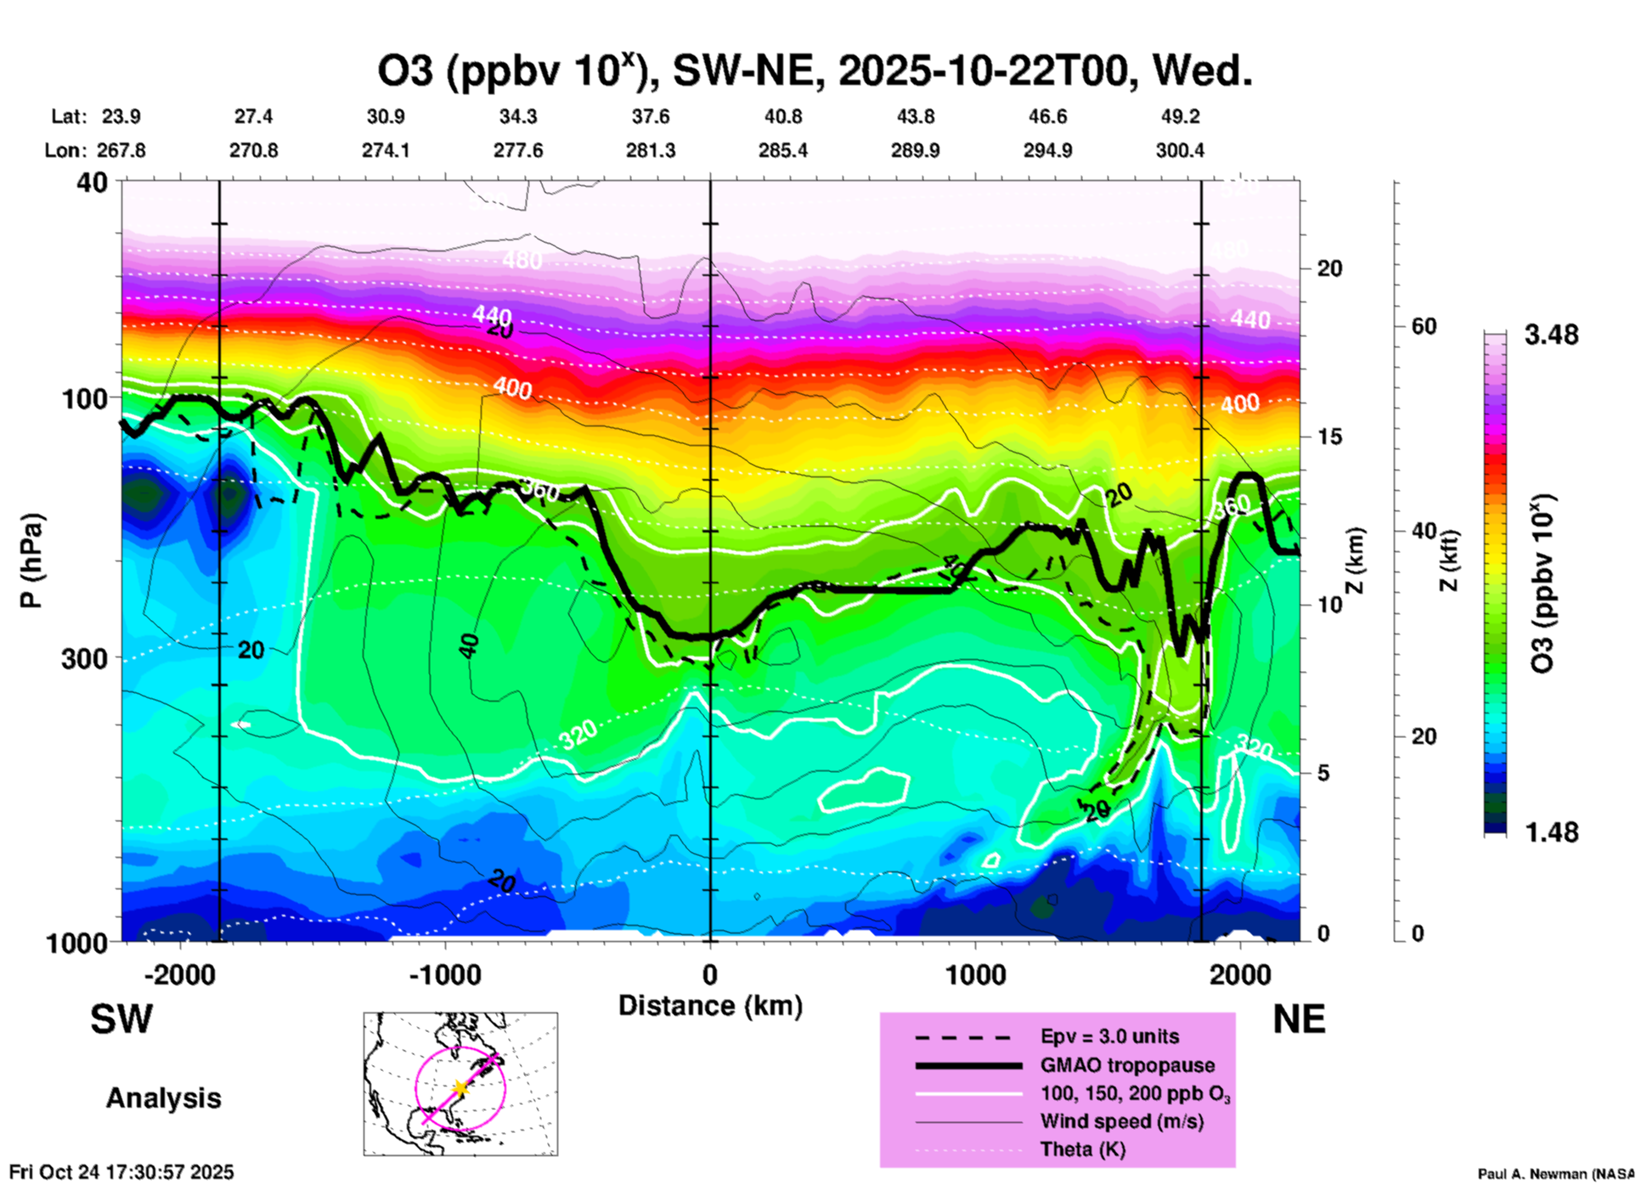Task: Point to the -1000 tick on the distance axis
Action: [443, 975]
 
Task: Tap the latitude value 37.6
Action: [651, 116]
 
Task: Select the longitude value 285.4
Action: [782, 150]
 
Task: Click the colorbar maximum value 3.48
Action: [1551, 335]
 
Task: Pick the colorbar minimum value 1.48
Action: [1551, 832]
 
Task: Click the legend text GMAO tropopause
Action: [1127, 1065]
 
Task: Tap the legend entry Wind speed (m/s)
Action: [1121, 1121]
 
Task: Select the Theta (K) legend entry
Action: [1082, 1149]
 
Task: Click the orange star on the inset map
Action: [460, 1087]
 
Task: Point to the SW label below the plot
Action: [121, 1019]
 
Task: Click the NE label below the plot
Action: [1299, 1019]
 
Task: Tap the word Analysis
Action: [163, 1098]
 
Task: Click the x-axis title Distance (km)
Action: [710, 1006]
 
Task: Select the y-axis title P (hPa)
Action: [31, 561]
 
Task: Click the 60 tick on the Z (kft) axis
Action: [1424, 326]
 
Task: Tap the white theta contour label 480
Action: [522, 259]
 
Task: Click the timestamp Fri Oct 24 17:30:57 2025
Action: [121, 1172]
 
